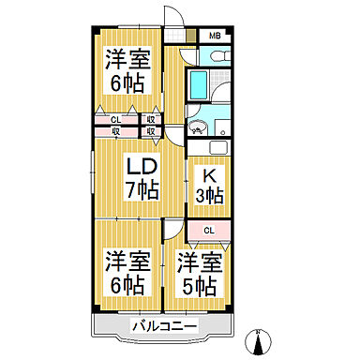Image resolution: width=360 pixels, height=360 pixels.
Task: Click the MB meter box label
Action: [x=215, y=37]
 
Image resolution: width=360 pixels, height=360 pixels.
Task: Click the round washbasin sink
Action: [x=197, y=127]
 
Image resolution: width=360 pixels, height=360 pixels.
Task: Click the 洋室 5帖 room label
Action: [x=200, y=272]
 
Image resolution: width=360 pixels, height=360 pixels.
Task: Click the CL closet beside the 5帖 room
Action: [x=209, y=230]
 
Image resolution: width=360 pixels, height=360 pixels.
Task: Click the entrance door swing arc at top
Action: [x=171, y=17]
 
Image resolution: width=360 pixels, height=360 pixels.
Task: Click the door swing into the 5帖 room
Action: [x=173, y=230]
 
